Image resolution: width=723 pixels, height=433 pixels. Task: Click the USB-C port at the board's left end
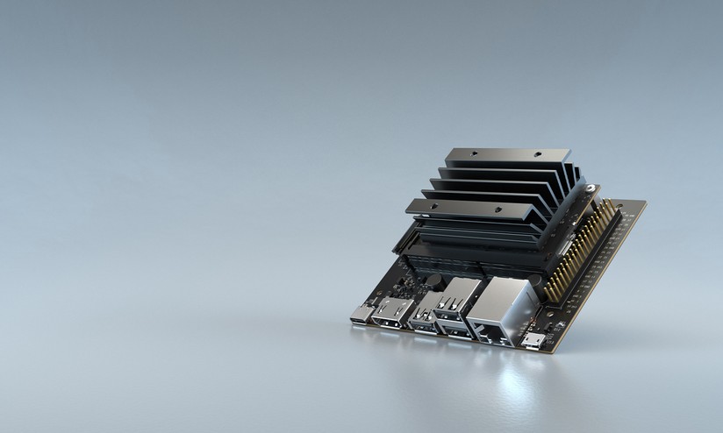361,315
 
